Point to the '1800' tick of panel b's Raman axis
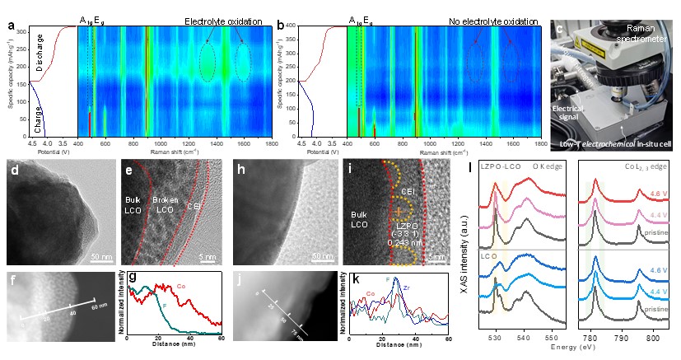[543, 142]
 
